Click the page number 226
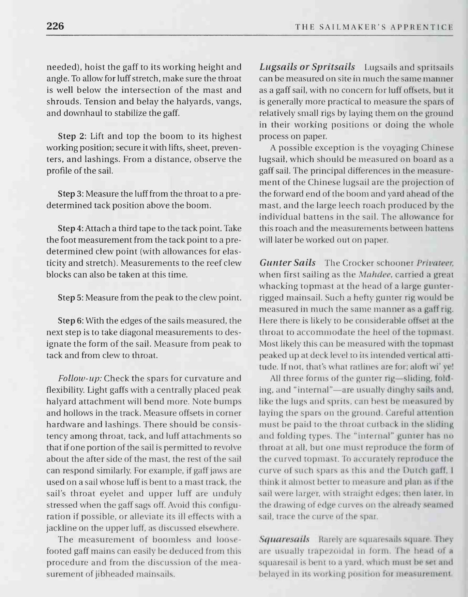[x=55, y=26]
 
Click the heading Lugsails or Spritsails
[x=307, y=67]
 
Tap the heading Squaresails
[x=284, y=539]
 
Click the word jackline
[x=62, y=528]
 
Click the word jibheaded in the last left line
[x=117, y=574]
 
